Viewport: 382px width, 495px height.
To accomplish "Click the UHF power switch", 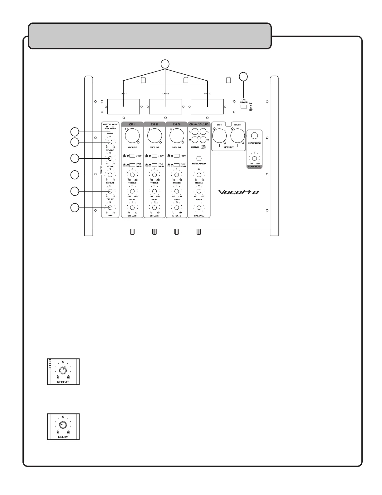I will point(244,107).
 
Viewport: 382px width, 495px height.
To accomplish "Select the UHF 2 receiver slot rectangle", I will point(165,107).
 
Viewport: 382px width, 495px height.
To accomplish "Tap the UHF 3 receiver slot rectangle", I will point(207,107).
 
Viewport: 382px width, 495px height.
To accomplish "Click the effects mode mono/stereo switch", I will point(110,132).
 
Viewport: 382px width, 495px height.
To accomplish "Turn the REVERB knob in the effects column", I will point(110,142).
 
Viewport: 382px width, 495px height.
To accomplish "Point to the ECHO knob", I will point(110,158).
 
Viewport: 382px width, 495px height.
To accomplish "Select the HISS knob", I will point(110,208).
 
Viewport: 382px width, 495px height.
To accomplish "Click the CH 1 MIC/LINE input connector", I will point(132,136).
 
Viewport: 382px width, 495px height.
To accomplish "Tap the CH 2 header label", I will point(154,124).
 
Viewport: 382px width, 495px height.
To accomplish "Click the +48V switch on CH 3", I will point(177,156).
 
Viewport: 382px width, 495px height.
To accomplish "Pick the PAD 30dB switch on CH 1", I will point(132,165).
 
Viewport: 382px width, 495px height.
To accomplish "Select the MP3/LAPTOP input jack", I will point(199,158).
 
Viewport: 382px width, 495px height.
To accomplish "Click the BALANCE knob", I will point(199,208).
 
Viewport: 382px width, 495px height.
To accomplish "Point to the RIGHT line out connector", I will point(238,136).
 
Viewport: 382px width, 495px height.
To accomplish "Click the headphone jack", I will point(254,135).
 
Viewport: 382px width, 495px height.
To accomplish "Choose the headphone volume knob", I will point(254,158).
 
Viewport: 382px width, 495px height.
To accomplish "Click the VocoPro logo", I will point(238,192).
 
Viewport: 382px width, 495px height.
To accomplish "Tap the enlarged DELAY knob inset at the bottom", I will point(63,425).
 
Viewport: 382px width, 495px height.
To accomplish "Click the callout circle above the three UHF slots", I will point(165,64).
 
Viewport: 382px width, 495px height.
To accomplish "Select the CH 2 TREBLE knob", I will point(154,175).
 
